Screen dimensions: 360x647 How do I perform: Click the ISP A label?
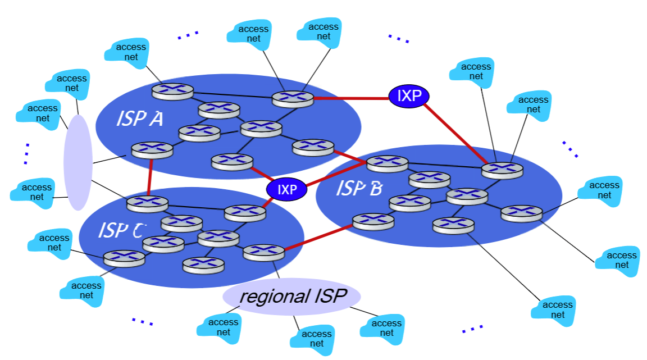(139, 119)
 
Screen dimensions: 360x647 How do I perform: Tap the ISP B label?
(359, 189)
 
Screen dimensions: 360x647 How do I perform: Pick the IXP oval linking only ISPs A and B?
(409, 96)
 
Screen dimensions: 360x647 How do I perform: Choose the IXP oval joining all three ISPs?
(287, 189)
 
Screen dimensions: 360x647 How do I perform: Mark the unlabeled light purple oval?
(78, 162)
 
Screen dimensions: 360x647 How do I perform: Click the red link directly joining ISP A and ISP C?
(150, 177)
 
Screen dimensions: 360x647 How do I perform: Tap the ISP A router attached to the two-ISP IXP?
(293, 99)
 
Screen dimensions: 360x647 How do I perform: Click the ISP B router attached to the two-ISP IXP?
(502, 170)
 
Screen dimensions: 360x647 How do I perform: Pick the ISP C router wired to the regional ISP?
(264, 252)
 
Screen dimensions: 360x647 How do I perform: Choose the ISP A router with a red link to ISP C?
(152, 150)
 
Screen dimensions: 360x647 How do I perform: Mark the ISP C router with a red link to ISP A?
(147, 204)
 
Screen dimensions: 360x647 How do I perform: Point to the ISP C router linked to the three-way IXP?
(245, 212)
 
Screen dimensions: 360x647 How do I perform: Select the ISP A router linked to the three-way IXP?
(232, 162)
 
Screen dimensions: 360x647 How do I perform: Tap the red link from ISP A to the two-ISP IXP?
(350, 98)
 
